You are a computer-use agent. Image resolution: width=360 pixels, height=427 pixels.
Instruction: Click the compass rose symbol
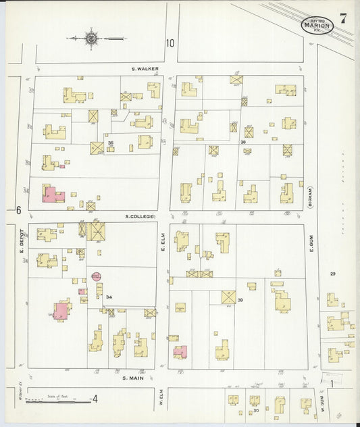pos(91,39)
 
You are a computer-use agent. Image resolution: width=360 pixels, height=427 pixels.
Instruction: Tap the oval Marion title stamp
pos(317,25)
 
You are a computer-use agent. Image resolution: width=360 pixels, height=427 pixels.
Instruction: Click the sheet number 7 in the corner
pos(343,19)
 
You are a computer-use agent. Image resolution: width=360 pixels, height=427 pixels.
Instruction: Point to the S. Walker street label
pos(145,69)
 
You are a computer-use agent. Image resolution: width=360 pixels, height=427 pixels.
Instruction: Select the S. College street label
pos(140,216)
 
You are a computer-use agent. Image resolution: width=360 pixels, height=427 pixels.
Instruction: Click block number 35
pos(110,143)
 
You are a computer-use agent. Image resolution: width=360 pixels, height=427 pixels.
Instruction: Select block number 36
pos(242,143)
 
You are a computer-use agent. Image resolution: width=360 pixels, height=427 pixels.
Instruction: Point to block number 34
pos(109,297)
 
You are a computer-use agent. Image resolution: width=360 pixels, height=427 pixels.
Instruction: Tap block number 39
pos(240,300)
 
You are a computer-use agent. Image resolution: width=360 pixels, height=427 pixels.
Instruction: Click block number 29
pos(332,273)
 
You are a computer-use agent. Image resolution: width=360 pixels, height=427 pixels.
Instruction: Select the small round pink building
pos(96,276)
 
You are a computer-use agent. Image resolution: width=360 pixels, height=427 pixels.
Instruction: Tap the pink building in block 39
pos(180,351)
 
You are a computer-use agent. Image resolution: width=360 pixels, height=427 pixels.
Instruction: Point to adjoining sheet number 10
pos(170,43)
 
